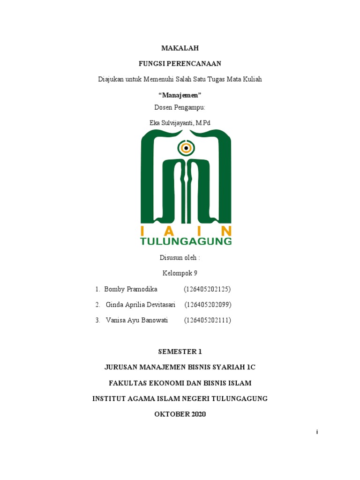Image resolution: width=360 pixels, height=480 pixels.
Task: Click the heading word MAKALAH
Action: coord(180,48)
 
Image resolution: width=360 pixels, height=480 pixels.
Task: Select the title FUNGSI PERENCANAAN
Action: coord(180,63)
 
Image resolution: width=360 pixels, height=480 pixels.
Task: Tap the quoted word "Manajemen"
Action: coord(180,95)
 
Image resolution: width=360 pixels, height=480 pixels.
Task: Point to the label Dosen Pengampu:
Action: coord(180,107)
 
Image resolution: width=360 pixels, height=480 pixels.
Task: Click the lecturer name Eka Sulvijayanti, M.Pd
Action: coord(180,123)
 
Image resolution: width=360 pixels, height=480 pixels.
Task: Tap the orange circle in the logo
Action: coord(186,149)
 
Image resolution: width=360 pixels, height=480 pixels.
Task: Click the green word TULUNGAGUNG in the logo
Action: coord(186,241)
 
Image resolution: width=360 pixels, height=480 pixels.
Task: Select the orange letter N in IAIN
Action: coord(226,231)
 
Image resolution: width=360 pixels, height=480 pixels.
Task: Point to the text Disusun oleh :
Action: coord(180,257)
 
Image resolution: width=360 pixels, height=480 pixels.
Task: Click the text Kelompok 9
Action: coord(180,273)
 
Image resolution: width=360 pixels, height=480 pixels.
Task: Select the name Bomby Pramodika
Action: coord(131,289)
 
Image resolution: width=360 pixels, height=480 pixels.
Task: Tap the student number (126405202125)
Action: coord(207,289)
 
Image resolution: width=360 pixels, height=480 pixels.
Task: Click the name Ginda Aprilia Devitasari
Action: coord(141,305)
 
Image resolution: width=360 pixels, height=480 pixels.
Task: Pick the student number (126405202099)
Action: coord(208,305)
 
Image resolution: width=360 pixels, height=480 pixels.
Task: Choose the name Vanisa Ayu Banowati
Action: coord(137,321)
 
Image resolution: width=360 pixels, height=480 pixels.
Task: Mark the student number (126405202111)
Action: coord(207,321)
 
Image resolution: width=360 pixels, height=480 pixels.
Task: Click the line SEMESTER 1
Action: coord(180,352)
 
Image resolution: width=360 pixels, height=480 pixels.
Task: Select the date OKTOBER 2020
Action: coord(180,414)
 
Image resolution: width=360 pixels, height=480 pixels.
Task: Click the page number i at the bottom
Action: coord(317,432)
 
